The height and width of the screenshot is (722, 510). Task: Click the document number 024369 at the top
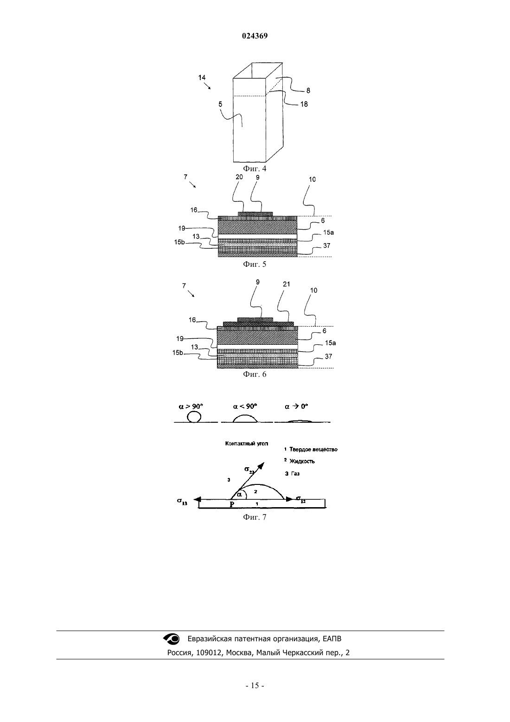(x=255, y=36)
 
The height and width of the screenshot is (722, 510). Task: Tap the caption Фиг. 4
(x=255, y=168)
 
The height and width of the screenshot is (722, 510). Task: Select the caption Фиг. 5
(x=255, y=264)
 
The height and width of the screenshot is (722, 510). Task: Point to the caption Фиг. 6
(x=255, y=374)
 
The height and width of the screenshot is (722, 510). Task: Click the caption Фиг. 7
(x=255, y=517)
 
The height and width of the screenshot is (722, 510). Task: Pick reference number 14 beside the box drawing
(x=202, y=77)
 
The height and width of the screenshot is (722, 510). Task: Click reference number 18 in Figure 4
(x=304, y=104)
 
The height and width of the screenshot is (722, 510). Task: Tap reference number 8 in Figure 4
(x=308, y=90)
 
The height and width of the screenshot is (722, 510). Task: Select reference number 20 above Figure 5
(x=239, y=177)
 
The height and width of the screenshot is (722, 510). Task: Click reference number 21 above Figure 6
(x=286, y=284)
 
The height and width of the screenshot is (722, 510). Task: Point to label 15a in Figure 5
(x=328, y=232)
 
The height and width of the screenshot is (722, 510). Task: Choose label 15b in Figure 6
(x=178, y=353)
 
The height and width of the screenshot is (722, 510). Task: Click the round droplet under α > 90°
(x=194, y=417)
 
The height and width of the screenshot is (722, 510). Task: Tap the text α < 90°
(x=245, y=406)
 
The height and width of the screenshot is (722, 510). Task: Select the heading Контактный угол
(x=247, y=444)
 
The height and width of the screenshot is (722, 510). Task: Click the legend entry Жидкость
(x=302, y=461)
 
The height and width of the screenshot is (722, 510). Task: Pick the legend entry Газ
(x=295, y=473)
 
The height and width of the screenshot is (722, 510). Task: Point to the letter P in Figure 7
(x=232, y=504)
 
